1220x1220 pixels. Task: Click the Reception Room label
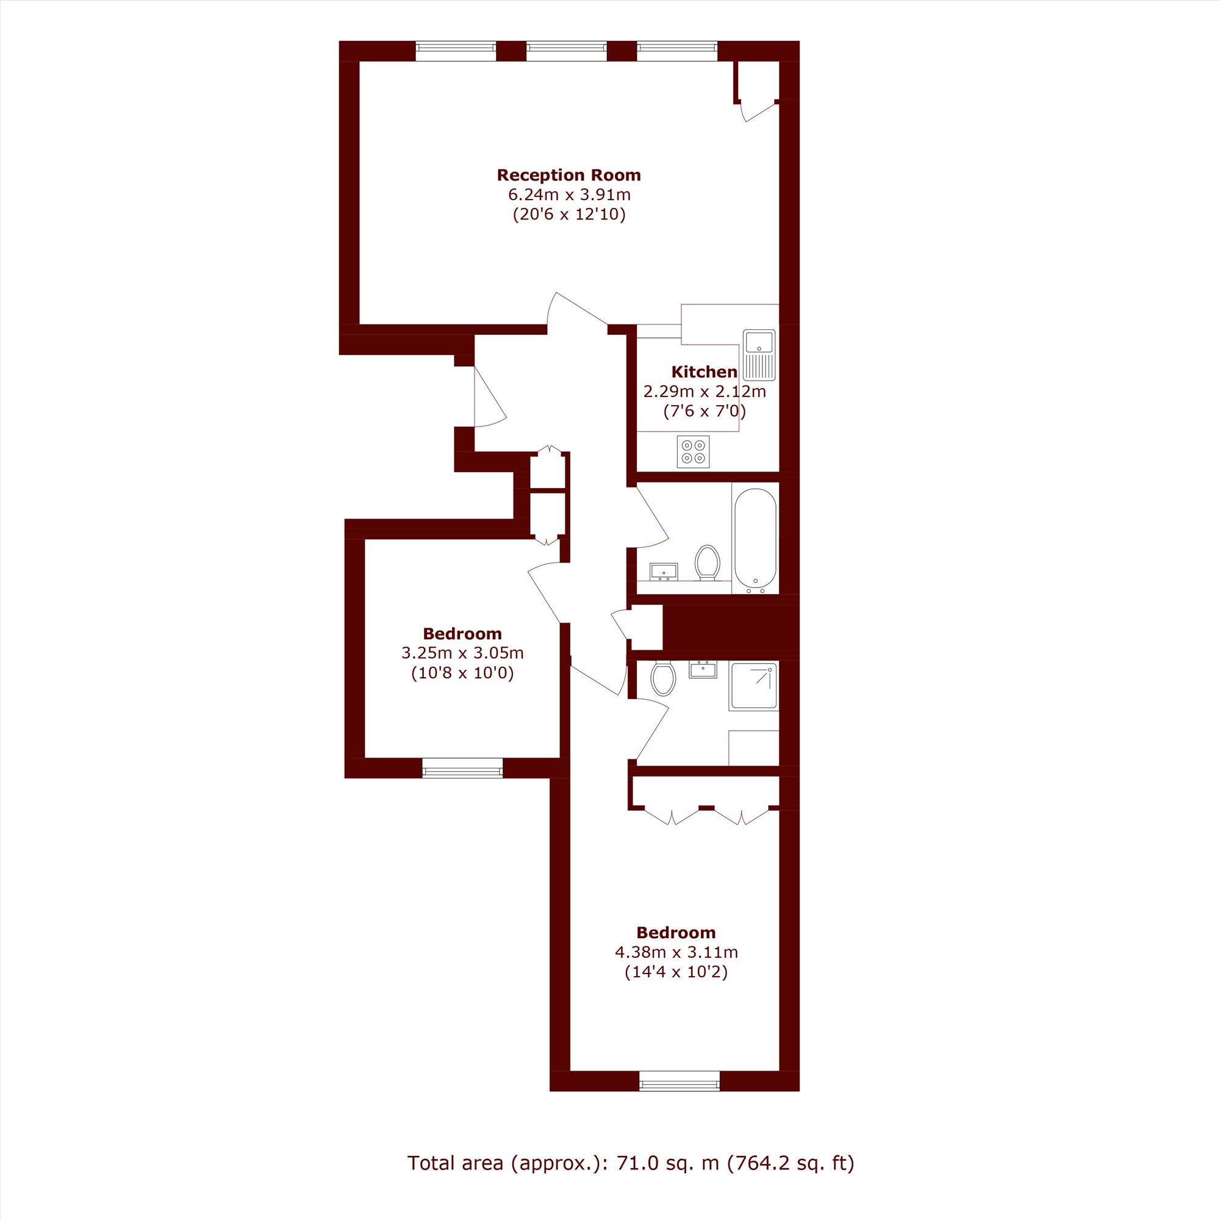[x=569, y=175]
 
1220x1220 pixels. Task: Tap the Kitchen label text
[x=704, y=371]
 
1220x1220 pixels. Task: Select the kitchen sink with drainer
[x=759, y=354]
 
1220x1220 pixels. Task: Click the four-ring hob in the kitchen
[x=694, y=451]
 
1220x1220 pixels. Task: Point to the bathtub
[x=755, y=539]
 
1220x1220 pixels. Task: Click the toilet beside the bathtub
[x=707, y=562]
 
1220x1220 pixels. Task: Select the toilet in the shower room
[x=663, y=678]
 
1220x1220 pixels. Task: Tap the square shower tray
[x=754, y=686]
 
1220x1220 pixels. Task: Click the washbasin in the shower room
[x=702, y=669]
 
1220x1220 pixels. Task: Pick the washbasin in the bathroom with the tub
[x=664, y=572]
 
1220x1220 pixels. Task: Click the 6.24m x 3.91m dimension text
[x=569, y=195]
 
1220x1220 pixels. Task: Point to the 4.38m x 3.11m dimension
[x=676, y=952]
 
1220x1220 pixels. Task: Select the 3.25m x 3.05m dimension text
[x=462, y=653]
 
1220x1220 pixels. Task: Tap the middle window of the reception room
[x=567, y=51]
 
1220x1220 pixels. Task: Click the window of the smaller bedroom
[x=462, y=768]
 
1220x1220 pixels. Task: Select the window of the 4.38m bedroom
[x=679, y=1081]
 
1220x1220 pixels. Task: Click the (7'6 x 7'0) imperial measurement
[x=705, y=412]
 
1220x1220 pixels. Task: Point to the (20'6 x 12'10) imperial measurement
[x=569, y=215]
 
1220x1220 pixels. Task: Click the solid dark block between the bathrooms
[x=731, y=627]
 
